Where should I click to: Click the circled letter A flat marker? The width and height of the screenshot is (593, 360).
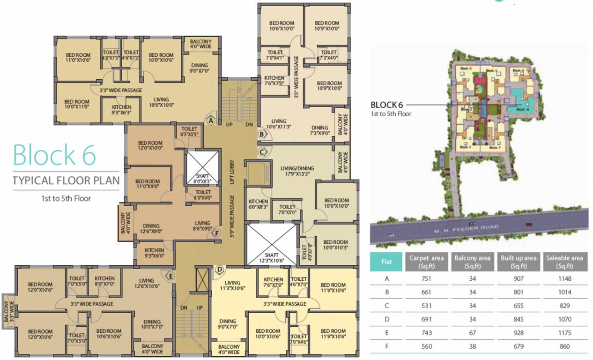(211, 120)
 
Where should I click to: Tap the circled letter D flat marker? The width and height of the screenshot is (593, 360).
(219, 270)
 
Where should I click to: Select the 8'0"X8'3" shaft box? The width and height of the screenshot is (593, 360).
(203, 167)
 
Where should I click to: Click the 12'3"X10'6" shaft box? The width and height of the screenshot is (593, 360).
(272, 245)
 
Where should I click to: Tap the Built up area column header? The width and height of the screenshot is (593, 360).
(518, 262)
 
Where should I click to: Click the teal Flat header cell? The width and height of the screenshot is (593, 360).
(386, 262)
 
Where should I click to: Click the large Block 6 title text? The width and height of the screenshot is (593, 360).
(54, 155)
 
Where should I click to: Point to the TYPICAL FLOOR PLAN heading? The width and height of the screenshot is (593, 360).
(66, 180)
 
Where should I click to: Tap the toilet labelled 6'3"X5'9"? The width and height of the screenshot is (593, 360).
(189, 132)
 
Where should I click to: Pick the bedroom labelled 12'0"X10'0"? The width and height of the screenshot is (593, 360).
(150, 146)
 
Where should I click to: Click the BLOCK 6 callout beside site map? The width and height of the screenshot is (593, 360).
(386, 105)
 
